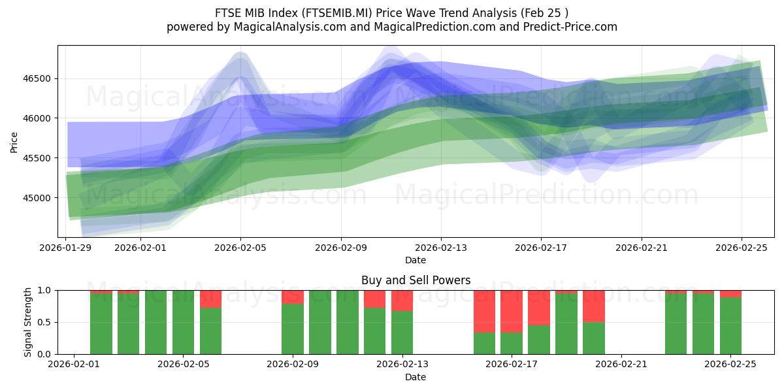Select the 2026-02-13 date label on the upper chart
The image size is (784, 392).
coord(440,248)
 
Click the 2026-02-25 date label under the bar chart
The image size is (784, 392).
coord(730,365)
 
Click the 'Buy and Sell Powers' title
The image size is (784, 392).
coord(416,280)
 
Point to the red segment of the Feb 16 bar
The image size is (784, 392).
coord(484,311)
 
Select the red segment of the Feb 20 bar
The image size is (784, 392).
coord(594,306)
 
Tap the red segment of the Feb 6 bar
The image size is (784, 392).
coord(210,299)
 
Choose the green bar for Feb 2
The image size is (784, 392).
coord(101,323)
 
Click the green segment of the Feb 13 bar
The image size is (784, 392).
coord(402,333)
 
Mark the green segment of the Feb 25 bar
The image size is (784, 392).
coord(730,326)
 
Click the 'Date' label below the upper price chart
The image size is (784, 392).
coord(416,260)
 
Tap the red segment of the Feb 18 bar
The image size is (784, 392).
coord(539,307)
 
